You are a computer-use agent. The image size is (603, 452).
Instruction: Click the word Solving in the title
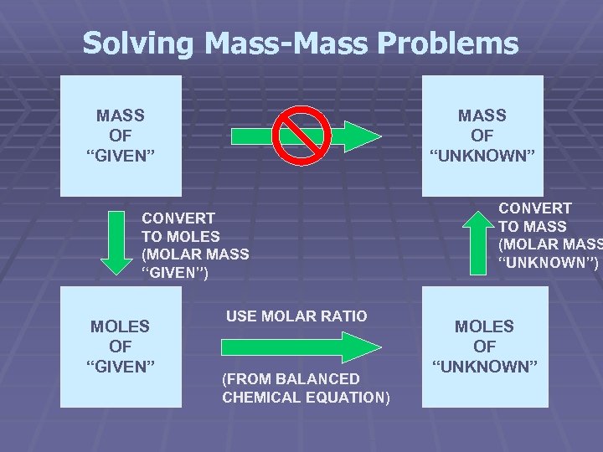[135, 44]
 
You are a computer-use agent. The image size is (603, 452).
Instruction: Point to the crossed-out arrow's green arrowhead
[361, 136]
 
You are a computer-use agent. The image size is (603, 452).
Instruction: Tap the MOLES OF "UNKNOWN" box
[485, 347]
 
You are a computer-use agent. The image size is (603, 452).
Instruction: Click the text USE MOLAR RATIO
[296, 316]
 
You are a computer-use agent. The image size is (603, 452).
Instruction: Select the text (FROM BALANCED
[291, 378]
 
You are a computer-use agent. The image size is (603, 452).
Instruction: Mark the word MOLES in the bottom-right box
[485, 326]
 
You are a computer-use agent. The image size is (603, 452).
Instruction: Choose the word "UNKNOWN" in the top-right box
[482, 155]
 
